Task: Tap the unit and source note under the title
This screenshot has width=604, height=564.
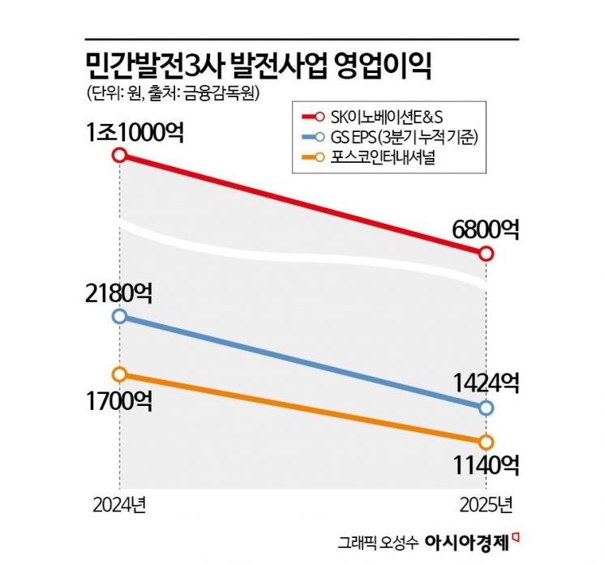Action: pos(171,93)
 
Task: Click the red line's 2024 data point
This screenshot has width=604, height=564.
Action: pos(120,155)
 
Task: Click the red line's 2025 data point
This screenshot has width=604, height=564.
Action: pos(486,254)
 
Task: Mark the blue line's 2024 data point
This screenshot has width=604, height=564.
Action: pos(120,316)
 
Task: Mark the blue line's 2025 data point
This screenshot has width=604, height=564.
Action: pos(486,408)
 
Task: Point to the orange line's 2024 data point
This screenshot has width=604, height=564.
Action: pos(120,374)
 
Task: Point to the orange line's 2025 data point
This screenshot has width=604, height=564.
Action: pos(486,442)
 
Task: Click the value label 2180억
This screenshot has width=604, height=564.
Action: pos(120,290)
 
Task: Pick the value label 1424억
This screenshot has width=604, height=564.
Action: pos(485,382)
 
